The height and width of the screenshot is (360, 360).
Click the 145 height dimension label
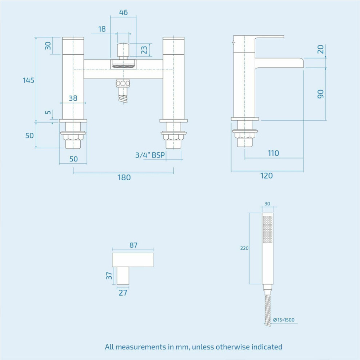click(28, 80)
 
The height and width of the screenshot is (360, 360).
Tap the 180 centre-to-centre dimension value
click(124, 177)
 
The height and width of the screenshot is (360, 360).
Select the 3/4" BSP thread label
click(150, 155)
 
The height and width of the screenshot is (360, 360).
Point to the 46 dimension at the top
click(123, 12)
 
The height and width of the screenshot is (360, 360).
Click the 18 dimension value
click(102, 29)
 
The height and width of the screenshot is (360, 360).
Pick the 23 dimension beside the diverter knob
click(144, 50)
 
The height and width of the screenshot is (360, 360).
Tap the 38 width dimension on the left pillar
click(73, 98)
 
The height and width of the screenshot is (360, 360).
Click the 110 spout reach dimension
click(273, 153)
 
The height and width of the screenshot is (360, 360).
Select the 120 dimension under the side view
click(267, 176)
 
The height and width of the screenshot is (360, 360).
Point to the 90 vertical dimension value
click(320, 94)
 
